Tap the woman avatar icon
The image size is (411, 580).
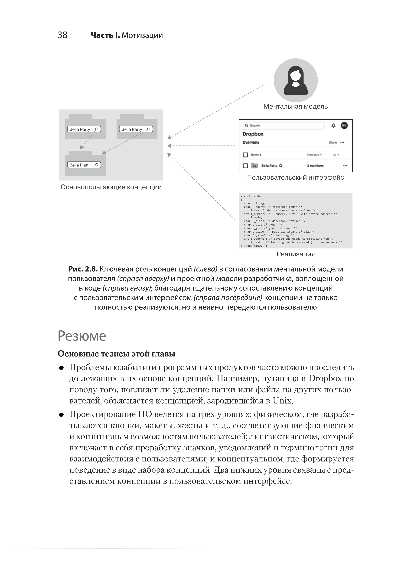pos(296,80)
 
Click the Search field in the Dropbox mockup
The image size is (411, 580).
pos(284,125)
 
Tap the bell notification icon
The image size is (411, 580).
pos(333,125)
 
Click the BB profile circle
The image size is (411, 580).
pos(344,125)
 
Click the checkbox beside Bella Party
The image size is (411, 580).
pos(245,166)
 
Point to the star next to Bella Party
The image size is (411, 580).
pos(281,166)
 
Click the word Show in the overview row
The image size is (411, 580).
pos(333,142)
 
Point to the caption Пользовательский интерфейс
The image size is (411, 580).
pos(295,177)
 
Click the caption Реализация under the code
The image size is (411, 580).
pos(296,254)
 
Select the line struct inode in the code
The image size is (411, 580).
pos(251,196)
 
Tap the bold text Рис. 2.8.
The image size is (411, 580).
pos(83,269)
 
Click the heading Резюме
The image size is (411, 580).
pos(82,336)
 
